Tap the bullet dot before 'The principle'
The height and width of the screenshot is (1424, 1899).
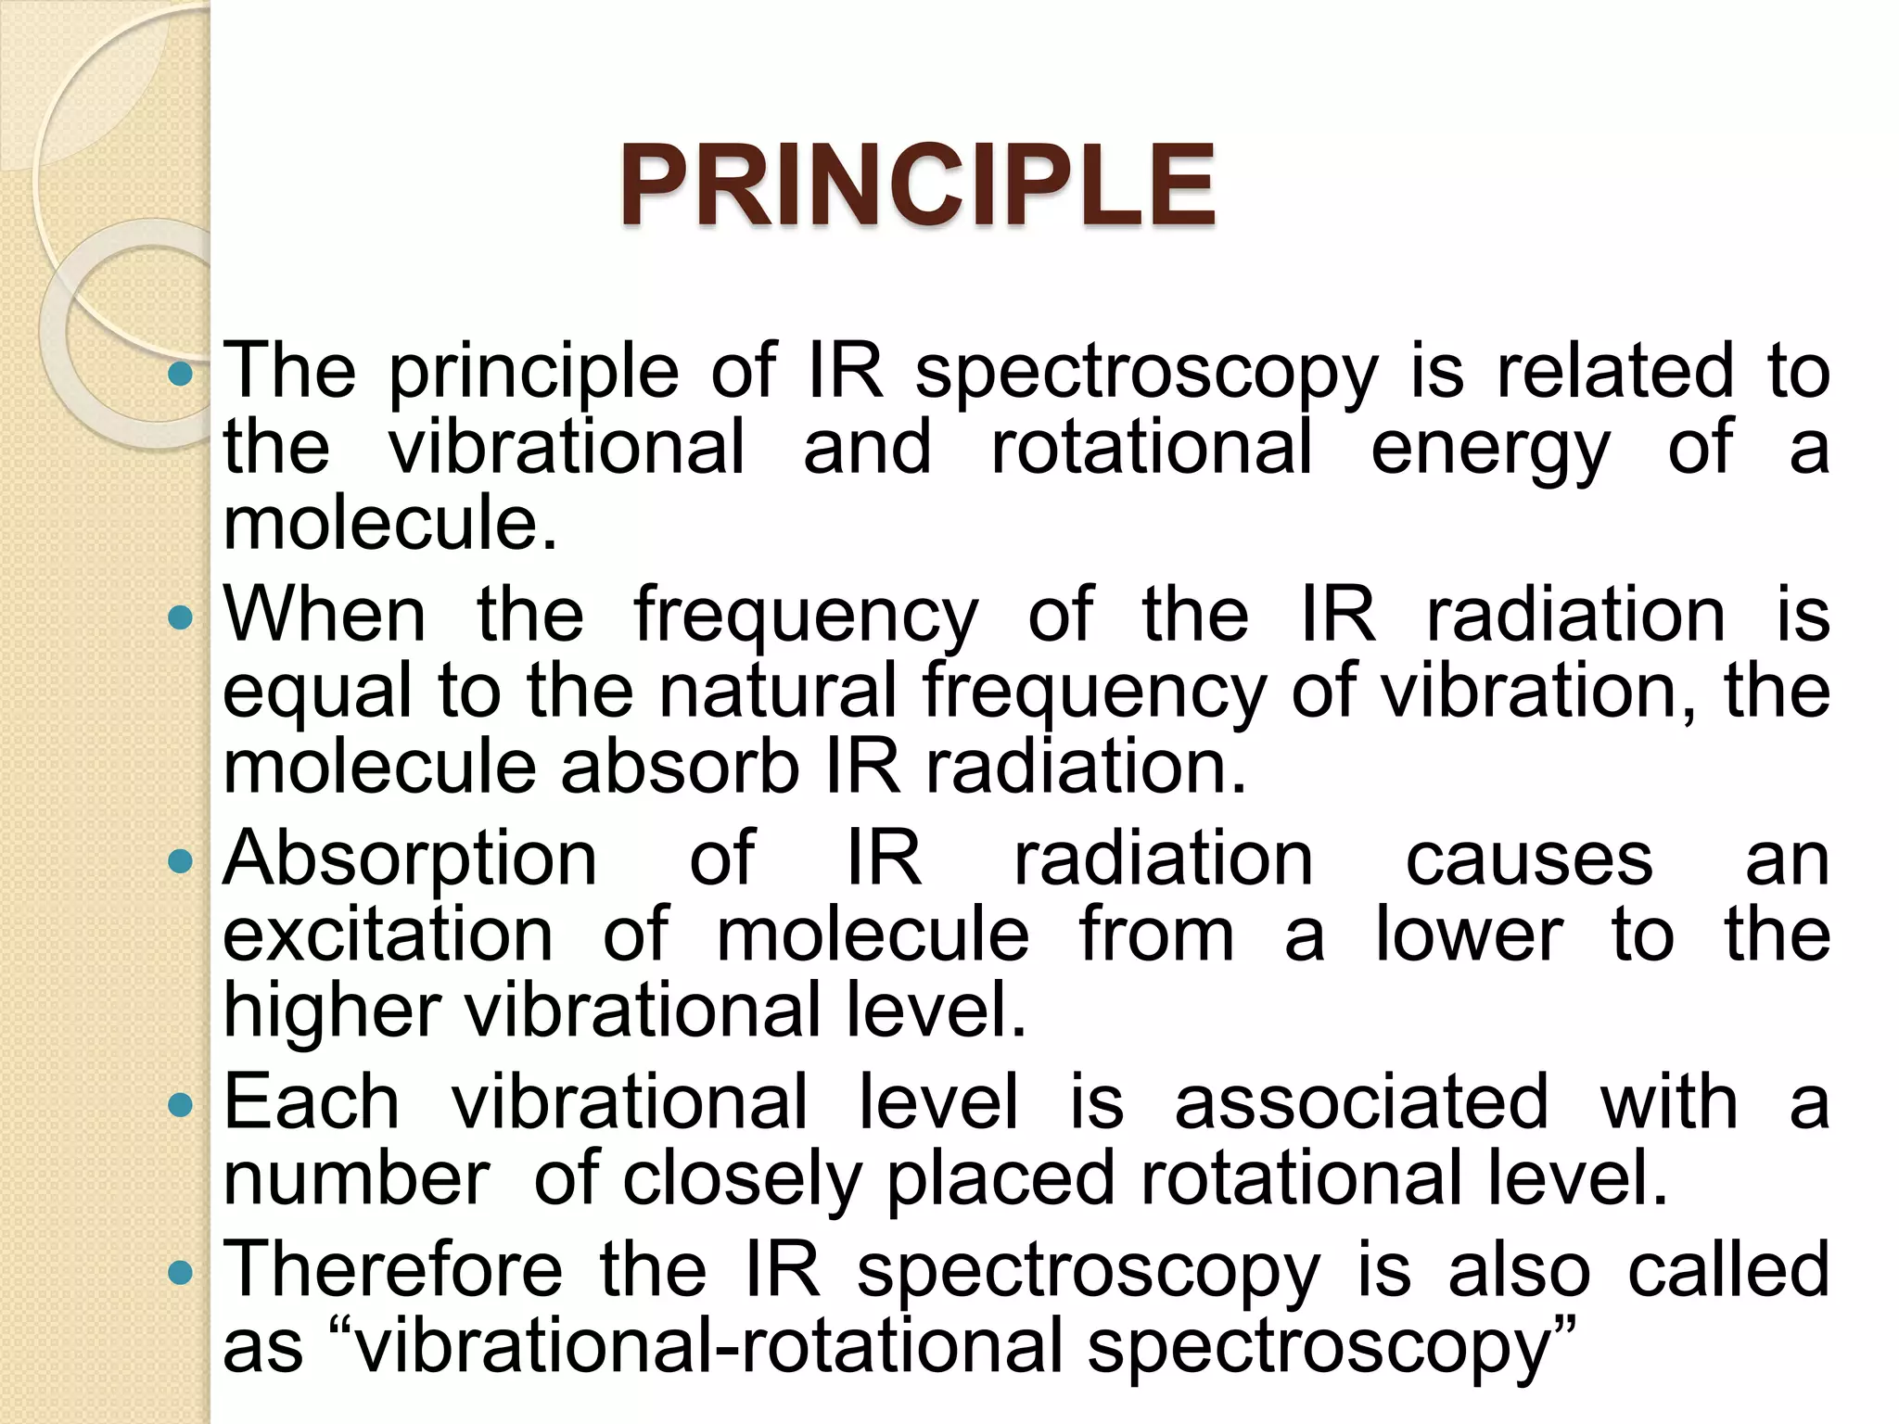tap(181, 374)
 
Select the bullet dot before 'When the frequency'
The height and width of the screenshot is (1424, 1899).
tap(181, 617)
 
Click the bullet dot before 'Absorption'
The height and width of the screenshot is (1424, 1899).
tap(181, 861)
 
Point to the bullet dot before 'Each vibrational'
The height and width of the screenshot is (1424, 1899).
tap(181, 1104)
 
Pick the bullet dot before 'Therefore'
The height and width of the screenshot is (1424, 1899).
tap(181, 1272)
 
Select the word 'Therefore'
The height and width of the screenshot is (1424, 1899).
tap(392, 1270)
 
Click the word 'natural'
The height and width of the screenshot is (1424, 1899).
tap(777, 692)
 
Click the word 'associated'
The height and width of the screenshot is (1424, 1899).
tap(1361, 1103)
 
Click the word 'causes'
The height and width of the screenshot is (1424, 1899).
tap(1529, 860)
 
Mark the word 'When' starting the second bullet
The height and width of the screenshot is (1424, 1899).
tap(325, 616)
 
